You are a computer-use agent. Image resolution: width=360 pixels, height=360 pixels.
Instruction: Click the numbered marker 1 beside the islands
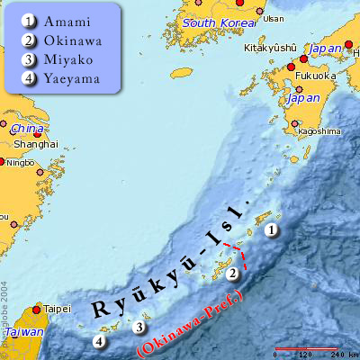270,231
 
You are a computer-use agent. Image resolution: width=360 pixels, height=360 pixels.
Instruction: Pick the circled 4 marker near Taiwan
99,341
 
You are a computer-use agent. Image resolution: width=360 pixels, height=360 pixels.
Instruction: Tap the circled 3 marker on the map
139,328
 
